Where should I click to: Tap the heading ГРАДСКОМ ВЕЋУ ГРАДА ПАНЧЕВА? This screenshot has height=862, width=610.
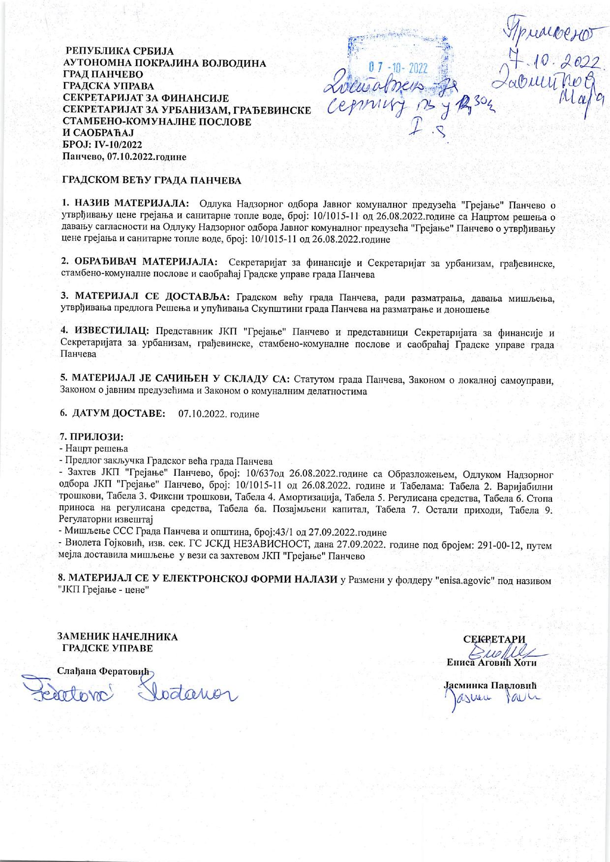point(151,180)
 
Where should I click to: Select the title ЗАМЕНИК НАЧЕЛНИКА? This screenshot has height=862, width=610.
point(118,637)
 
